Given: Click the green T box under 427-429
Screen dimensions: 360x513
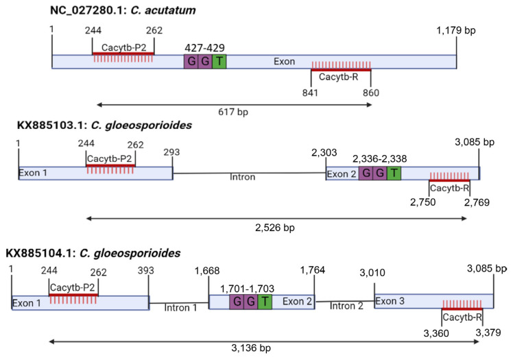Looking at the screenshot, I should click(x=218, y=62).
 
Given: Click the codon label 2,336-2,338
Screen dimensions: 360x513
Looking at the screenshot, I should click(x=379, y=158).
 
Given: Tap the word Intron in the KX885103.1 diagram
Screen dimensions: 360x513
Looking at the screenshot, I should click(x=242, y=177).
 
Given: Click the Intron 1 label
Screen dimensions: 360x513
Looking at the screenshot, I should click(x=180, y=307).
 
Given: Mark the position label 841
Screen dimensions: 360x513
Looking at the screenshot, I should click(x=311, y=93).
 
